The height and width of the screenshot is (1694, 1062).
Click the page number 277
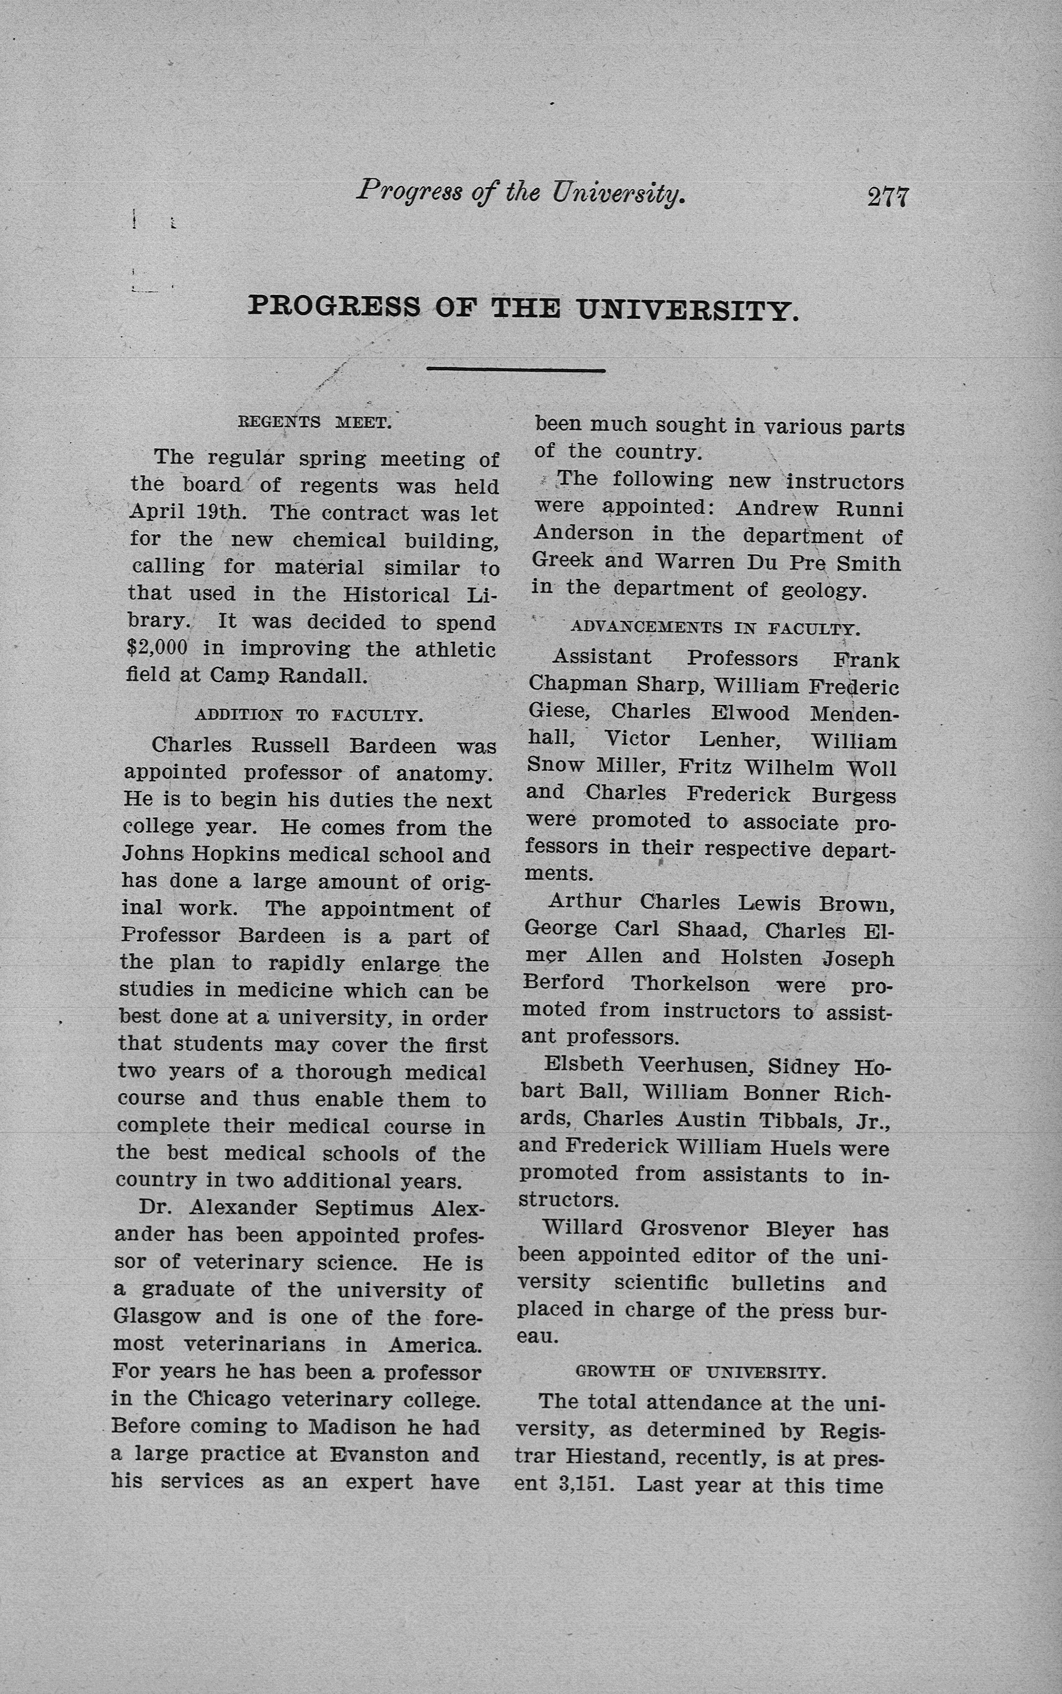pyautogui.click(x=888, y=196)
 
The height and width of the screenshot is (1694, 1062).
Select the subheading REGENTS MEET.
pyautogui.click(x=314, y=422)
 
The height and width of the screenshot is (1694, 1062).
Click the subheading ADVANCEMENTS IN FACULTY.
pyautogui.click(x=716, y=629)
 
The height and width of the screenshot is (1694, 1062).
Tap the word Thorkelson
pyautogui.click(x=690, y=984)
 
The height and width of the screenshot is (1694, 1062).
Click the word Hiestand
pyautogui.click(x=612, y=1458)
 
